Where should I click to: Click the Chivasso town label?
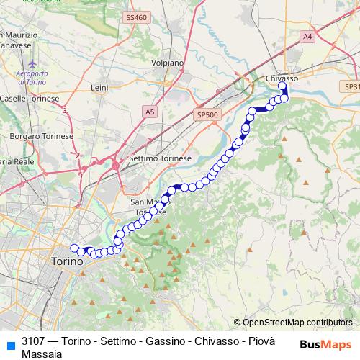pos(282,78)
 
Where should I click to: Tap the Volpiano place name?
pos(168,63)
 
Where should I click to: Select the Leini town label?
pos(99,88)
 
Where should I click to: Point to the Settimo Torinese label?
pos(160,158)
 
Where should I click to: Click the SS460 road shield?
pos(135,37)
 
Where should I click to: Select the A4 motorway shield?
pos(307,36)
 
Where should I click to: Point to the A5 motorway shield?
pos(149,112)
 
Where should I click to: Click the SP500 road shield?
pos(207,114)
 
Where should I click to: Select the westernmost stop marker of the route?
pos(74,248)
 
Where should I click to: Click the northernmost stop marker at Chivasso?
pos(282,86)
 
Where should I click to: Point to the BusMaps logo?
pos(325,344)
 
